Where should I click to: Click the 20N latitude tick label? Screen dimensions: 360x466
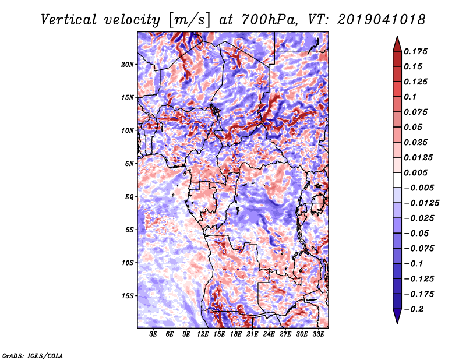pyautogui.click(x=128, y=64)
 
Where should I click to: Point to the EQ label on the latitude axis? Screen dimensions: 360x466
pyautogui.click(x=129, y=196)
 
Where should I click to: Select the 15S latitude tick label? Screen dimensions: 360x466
pyautogui.click(x=128, y=295)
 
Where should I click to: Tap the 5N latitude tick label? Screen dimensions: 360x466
pyautogui.click(x=129, y=163)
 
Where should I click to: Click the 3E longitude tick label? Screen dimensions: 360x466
pyautogui.click(x=154, y=334)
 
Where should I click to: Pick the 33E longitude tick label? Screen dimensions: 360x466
pyautogui.click(x=318, y=334)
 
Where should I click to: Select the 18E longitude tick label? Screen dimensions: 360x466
pyautogui.click(x=236, y=334)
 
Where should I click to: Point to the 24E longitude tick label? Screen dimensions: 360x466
pyautogui.click(x=269, y=334)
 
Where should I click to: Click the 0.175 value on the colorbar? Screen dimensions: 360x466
pyautogui.click(x=417, y=51)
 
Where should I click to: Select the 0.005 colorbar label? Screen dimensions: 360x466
pyautogui.click(x=417, y=172)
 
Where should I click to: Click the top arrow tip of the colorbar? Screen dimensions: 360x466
pyautogui.click(x=396, y=37)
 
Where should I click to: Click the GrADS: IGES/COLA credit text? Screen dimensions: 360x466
pyautogui.click(x=33, y=355)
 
